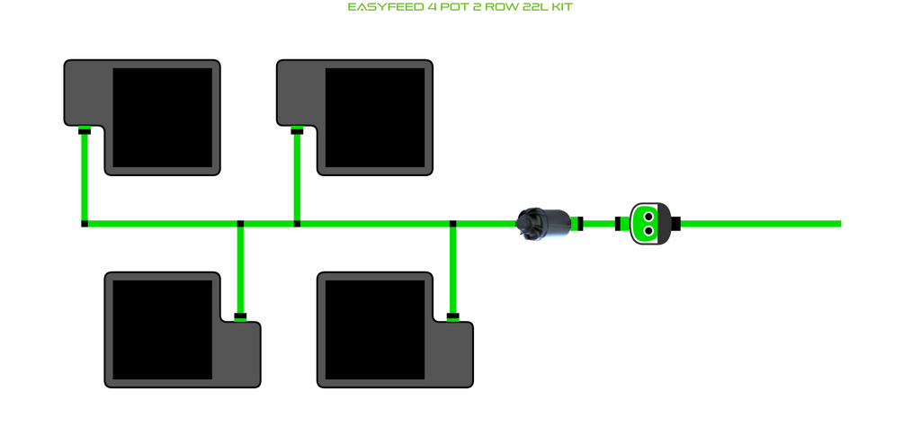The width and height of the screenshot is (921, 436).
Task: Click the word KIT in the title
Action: point(559,7)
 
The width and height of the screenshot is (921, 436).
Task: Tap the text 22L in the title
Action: point(530,7)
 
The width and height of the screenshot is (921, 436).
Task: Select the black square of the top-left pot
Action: point(162,117)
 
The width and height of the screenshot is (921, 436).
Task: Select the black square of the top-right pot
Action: point(374,117)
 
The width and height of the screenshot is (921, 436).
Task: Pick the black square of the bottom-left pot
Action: point(162,329)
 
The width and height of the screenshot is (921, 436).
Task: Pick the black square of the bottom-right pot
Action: point(374,329)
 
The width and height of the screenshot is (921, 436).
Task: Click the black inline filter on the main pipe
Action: point(542,223)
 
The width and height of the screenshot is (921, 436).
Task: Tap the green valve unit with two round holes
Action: point(648,223)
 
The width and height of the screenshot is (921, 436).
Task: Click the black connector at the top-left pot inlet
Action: point(85,131)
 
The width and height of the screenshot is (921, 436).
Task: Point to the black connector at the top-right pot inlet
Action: point(297,131)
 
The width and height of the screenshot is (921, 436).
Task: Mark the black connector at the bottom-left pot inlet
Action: point(240,316)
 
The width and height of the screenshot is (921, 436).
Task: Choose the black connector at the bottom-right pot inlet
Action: point(452,316)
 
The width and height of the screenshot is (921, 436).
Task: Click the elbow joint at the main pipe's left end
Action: point(85,223)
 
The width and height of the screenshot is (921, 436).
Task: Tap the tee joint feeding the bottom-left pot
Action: point(240,223)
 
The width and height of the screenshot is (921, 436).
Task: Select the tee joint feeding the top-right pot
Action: point(297,223)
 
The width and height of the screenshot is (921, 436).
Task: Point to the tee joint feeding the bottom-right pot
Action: point(452,223)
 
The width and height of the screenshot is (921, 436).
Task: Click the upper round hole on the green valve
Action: point(648,216)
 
